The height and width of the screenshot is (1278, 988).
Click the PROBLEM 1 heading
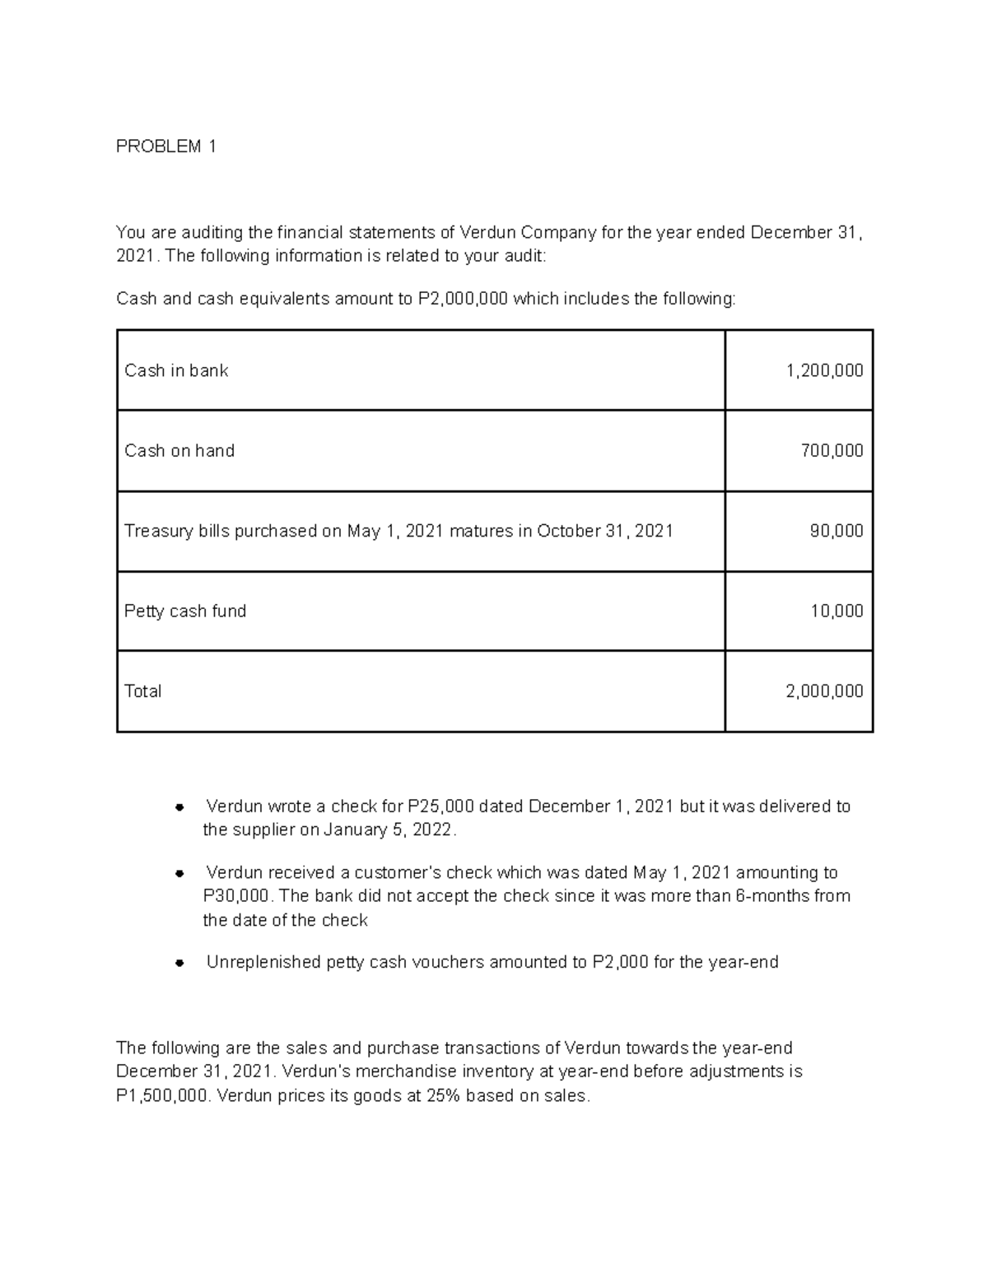click(x=166, y=146)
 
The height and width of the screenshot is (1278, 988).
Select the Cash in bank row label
click(x=176, y=370)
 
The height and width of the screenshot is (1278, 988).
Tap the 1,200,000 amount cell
click(x=824, y=370)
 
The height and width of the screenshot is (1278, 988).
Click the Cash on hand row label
click(x=179, y=450)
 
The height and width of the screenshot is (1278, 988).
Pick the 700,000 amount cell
click(x=832, y=450)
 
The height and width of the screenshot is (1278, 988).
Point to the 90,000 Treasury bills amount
click(x=837, y=531)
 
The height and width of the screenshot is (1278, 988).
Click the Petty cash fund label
click(x=185, y=611)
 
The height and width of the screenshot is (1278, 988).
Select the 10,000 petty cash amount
click(x=837, y=611)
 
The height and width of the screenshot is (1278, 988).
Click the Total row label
click(x=142, y=691)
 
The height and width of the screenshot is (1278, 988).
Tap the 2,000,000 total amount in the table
click(x=824, y=691)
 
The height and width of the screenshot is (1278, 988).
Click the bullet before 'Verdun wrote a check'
click(x=178, y=807)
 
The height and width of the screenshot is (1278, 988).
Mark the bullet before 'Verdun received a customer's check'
click(x=178, y=873)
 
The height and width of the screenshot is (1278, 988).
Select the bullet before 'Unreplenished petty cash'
click(x=178, y=963)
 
